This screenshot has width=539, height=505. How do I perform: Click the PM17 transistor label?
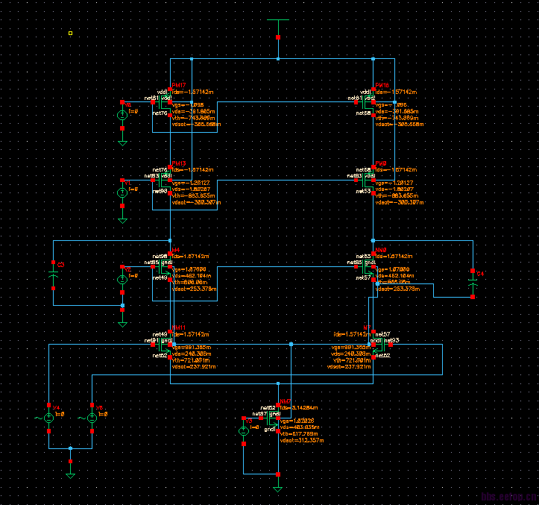click(179, 85)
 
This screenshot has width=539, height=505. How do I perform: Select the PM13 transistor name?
click(179, 163)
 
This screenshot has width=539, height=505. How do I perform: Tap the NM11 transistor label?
click(179, 327)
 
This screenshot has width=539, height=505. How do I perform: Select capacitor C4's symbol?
click(473, 283)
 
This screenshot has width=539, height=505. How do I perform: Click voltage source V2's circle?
click(122, 279)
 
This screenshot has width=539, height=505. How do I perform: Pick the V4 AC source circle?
click(48, 418)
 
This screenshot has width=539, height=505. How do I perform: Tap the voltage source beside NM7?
click(243, 431)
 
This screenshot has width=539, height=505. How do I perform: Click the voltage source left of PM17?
click(122, 116)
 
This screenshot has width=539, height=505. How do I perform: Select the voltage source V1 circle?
click(122, 192)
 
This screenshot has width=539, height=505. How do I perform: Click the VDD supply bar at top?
click(277, 19)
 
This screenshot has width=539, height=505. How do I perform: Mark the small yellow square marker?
click(70, 33)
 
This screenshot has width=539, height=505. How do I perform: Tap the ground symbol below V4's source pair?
click(70, 474)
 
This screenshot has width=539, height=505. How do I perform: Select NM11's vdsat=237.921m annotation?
click(193, 366)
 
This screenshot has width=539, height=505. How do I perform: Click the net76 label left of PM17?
click(160, 113)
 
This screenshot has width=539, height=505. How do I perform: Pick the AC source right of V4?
click(92, 418)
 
